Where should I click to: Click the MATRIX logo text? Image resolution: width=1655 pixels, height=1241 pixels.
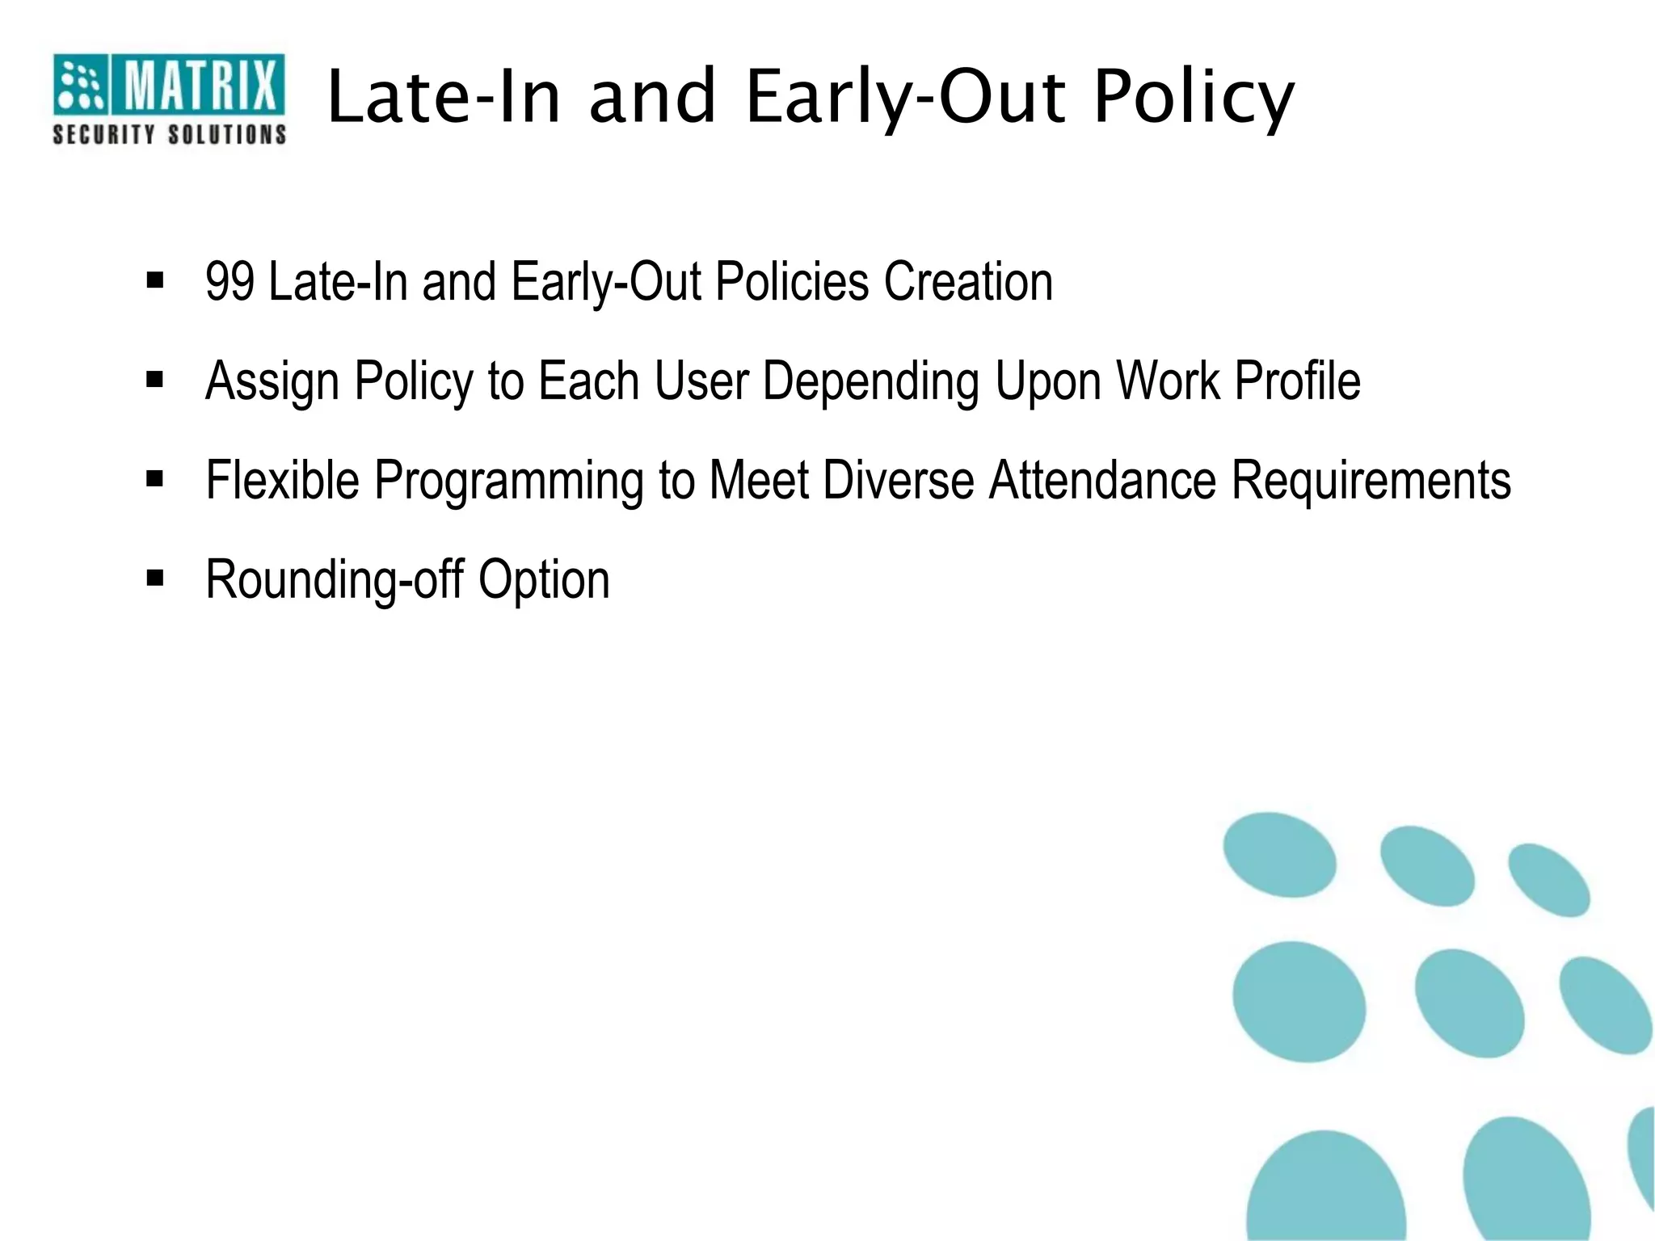[199, 85]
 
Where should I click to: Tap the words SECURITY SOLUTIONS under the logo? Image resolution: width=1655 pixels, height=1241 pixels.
[169, 134]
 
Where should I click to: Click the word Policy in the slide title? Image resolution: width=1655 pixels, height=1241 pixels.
[1194, 99]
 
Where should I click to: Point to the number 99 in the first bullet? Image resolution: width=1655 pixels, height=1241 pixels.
[230, 282]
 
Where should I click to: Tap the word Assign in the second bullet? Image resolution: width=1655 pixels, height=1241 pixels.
[272, 381]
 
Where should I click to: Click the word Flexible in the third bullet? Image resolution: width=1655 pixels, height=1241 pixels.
[282, 481]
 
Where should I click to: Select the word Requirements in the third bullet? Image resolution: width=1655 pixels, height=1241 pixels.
[1371, 481]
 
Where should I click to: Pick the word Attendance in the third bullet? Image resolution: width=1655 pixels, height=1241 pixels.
[1102, 481]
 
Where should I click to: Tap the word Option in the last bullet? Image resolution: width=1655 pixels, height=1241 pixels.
[544, 580]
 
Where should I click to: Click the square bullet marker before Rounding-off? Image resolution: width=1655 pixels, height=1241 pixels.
[155, 578]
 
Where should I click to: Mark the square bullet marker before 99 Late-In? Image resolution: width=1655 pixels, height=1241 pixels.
[155, 280]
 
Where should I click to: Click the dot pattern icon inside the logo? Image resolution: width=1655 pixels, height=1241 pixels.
[81, 85]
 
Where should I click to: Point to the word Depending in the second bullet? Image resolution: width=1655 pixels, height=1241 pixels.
[870, 381]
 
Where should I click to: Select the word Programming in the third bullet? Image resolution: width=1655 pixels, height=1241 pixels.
[508, 481]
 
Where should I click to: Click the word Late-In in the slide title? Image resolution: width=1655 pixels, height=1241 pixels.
[444, 99]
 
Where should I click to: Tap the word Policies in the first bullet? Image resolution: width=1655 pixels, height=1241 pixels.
[792, 282]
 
